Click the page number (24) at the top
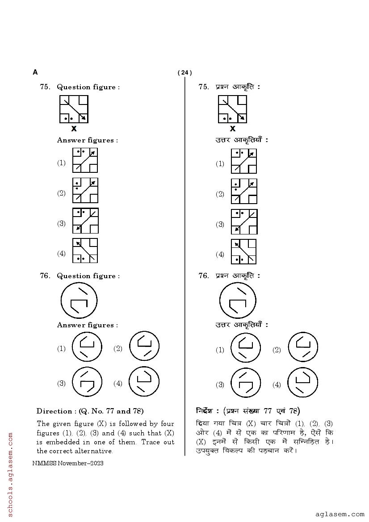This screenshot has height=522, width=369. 184,73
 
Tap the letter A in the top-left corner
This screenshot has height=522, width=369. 35,72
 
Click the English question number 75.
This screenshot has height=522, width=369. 45,87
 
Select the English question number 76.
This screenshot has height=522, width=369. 45,276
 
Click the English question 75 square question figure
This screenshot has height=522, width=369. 74,109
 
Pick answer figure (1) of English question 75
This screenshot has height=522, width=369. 85,160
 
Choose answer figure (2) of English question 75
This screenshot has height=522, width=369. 85,191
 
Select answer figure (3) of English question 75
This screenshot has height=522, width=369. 85,221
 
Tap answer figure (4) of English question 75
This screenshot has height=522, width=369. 85,251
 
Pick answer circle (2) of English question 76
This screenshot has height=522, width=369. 144,347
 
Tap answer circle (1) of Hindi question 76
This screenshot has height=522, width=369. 246,348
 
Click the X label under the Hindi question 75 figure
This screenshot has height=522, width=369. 232,129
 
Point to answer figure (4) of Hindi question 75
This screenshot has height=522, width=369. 244,252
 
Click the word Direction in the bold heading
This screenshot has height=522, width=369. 54,411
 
